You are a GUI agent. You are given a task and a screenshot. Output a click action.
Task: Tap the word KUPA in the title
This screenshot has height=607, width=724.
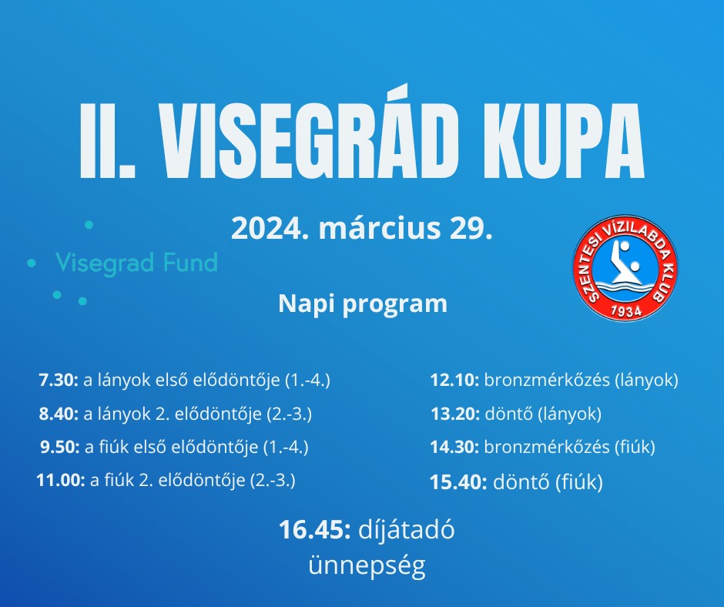pos(563,140)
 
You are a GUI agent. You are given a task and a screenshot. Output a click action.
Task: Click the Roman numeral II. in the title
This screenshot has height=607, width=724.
pos(108,140)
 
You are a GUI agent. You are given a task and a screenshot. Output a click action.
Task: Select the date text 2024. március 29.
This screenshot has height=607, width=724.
pos(361,228)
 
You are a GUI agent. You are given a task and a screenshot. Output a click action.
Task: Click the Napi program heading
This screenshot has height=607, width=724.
pos(363,304)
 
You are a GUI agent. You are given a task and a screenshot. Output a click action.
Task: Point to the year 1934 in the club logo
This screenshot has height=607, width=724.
pos(626,311)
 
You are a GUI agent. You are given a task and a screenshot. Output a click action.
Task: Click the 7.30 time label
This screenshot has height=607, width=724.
pos(59,381)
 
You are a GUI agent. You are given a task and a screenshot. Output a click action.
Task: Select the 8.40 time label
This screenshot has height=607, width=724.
pos(59,414)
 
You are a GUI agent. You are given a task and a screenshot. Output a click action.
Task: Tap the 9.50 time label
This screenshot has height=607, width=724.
pos(61,448)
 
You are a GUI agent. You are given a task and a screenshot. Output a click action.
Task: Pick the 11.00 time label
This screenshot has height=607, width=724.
pos(61,481)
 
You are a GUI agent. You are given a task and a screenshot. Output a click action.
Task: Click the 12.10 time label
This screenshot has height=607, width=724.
pos(454,381)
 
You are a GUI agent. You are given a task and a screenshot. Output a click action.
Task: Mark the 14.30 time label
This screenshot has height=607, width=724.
pos(454,448)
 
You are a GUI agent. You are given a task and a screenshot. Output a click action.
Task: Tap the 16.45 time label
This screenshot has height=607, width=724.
pos(315,530)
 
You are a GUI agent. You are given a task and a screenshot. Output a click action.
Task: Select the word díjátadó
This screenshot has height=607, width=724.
pos(407,530)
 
